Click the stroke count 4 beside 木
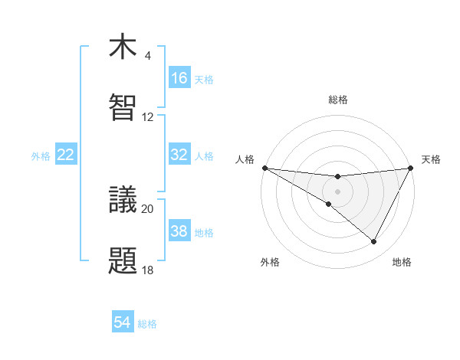pos(147,56)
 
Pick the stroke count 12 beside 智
pos(148,117)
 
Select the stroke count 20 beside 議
pos(148,208)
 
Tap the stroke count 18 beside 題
pos(148,270)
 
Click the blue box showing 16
pos(179,78)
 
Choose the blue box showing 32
pos(179,155)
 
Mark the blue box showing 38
pos(179,231)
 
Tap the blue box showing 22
pos(65,155)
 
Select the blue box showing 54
pos(123,323)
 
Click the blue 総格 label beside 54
pos(148,324)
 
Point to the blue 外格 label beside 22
pos(41,155)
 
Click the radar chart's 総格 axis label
pos(337,100)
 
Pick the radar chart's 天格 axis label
pos(431,159)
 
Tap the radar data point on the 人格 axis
pos(264,167)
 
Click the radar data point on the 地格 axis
pos(374,241)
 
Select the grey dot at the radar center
pos(337,191)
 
